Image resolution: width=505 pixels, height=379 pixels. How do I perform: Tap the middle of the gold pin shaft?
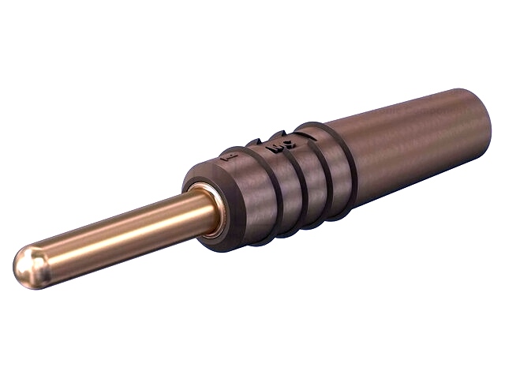click(118, 233)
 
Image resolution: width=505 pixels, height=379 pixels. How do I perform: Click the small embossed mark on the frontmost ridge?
click(230, 158)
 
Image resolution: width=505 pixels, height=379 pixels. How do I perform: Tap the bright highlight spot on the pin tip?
click(24, 259)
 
